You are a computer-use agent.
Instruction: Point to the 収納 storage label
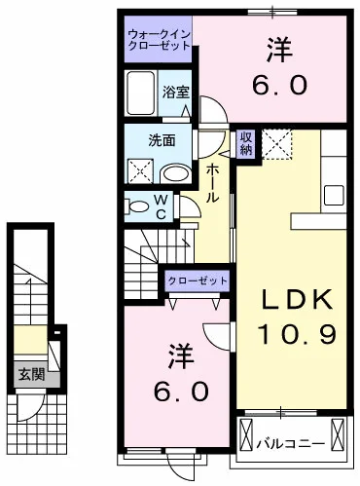pyautogui.click(x=246, y=143)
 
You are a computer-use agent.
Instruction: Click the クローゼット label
pyautogui.click(x=198, y=280)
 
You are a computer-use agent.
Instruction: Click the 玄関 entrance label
pyautogui.click(x=26, y=374)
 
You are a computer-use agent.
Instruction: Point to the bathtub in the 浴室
pyautogui.click(x=142, y=93)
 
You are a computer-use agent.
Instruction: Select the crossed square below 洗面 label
pyautogui.click(x=141, y=173)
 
